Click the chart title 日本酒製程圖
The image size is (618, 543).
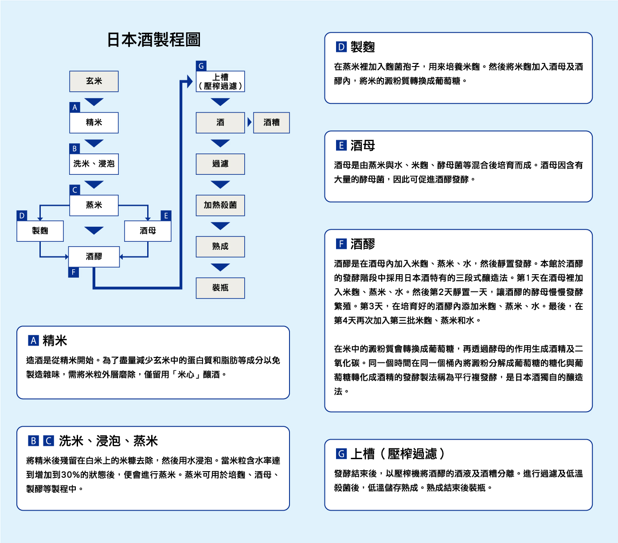154,40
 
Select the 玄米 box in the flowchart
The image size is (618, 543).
94,81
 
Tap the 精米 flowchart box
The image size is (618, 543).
94,122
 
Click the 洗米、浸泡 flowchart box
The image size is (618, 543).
94,164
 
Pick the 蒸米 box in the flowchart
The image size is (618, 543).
94,205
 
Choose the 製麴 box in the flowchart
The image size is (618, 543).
40,231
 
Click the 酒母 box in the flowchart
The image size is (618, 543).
148,231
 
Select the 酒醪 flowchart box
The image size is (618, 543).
94,256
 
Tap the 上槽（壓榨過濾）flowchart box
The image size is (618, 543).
220,82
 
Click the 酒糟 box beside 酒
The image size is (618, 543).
271,122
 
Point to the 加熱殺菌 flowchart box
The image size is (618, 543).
220,205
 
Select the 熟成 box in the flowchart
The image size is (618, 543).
220,246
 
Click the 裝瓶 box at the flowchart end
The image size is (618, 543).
220,288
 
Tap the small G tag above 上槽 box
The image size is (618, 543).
201,66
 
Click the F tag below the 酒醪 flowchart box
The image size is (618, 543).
74,272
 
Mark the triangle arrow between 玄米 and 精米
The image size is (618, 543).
94,102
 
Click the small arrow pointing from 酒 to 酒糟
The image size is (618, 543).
250,122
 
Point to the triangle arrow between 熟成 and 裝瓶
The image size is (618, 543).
220,267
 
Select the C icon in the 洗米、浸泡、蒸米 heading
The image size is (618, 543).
49,441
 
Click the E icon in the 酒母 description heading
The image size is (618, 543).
341,146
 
